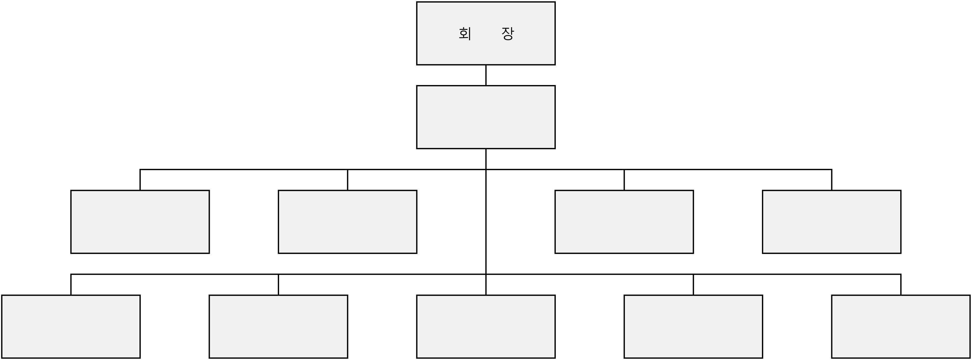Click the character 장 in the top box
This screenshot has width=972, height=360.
[508, 33]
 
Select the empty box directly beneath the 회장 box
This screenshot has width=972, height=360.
[486, 117]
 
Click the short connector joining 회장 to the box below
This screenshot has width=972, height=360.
[486, 75]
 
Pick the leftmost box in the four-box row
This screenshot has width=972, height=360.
[140, 222]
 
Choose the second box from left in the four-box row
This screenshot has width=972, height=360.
[348, 222]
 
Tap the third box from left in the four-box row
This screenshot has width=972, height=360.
[624, 222]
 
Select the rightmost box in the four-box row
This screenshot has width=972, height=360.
[832, 222]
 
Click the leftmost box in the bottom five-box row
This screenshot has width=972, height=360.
[71, 327]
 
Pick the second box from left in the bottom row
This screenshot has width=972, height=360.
[278, 327]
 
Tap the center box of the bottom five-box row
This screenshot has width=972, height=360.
[486, 327]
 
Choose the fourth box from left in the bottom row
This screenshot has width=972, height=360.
[693, 327]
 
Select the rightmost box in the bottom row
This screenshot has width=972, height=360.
[901, 327]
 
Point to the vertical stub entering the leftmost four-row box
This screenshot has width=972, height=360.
[140, 180]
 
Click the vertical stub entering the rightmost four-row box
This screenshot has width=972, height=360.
[832, 180]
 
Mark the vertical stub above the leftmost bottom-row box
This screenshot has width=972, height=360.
[71, 285]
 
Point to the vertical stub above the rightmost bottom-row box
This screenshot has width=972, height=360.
[901, 285]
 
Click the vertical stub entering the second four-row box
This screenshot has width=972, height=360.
[348, 180]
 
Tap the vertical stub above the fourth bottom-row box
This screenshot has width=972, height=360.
[693, 285]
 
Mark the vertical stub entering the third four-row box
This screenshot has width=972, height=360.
[624, 180]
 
